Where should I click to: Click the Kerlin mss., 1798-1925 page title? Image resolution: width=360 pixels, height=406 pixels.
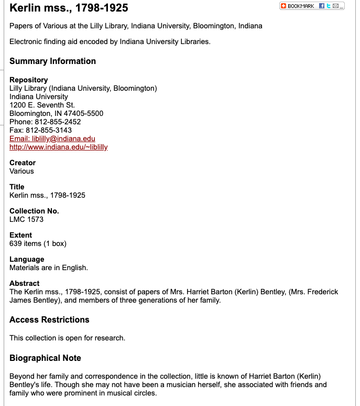click(69, 8)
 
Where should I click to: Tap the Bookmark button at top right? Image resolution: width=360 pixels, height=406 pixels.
click(298, 6)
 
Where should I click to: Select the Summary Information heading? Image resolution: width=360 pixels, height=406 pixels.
click(52, 61)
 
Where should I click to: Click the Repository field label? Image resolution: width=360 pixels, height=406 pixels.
click(28, 80)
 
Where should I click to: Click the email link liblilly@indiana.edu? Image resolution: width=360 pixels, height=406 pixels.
click(52, 138)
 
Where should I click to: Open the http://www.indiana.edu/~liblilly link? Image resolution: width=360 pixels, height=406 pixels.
click(59, 147)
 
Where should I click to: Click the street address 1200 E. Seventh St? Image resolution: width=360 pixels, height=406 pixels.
click(42, 105)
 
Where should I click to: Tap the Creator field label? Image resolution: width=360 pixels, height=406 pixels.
click(23, 163)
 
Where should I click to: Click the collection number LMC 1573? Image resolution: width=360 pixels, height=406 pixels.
click(26, 219)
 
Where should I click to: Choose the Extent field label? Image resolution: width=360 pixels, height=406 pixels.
click(20, 235)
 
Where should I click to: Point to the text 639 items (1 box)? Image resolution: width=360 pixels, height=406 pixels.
click(38, 243)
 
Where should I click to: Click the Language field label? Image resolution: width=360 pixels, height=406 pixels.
click(27, 259)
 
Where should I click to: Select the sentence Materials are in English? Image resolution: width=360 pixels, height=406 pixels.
click(49, 268)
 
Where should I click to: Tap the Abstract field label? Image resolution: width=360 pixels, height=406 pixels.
click(24, 283)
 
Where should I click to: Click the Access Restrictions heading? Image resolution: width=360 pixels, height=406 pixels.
click(49, 320)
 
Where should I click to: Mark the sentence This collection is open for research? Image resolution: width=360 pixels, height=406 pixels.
click(67, 338)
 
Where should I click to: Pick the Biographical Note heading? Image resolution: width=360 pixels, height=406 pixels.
click(45, 358)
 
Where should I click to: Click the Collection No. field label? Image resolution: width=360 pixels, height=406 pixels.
click(34, 211)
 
